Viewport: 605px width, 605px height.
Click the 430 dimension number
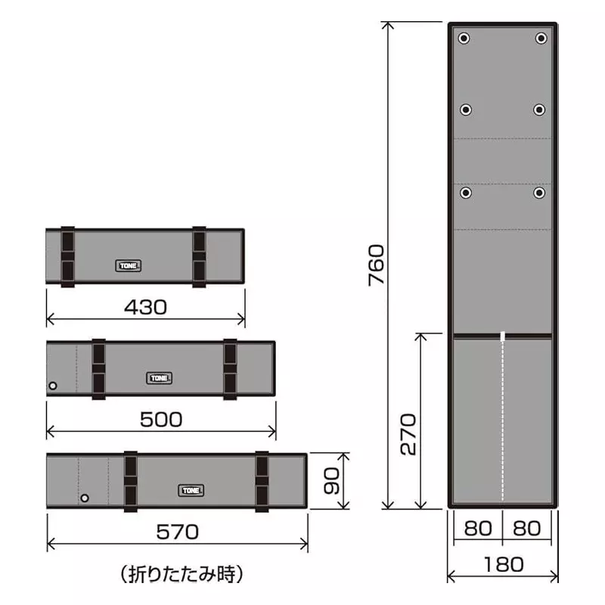[x=145, y=307]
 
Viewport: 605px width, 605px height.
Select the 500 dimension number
[x=161, y=420]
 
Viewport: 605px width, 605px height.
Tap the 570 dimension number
[x=177, y=532]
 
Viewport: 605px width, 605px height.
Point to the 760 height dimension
[x=376, y=265]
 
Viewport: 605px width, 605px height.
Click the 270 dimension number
[x=408, y=434]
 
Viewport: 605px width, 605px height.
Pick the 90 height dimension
[x=331, y=481]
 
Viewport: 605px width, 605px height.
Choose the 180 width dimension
[x=504, y=565]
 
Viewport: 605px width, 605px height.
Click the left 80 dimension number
[x=478, y=528]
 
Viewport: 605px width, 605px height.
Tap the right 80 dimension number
[x=526, y=528]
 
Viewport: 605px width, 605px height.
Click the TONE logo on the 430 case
[x=128, y=265]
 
